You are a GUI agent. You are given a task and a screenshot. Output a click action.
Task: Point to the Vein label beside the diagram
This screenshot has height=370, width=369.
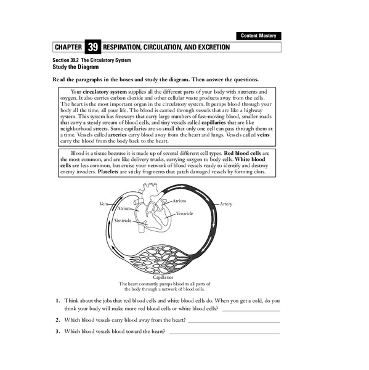click(103, 203)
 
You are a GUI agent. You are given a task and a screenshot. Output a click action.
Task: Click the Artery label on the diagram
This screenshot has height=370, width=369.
click(226, 203)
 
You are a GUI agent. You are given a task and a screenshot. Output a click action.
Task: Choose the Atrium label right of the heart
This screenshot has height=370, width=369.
click(179, 201)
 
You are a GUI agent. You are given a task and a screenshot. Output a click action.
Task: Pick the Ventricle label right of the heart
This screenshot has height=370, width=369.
click(185, 213)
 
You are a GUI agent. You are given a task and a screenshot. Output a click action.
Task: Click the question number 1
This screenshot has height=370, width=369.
click(56, 300)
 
